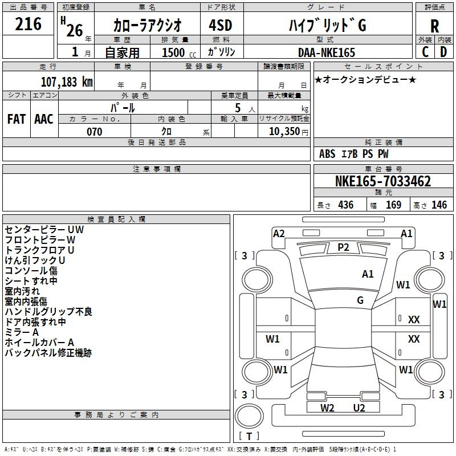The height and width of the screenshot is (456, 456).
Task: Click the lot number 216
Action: [28, 24]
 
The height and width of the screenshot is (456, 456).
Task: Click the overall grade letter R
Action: [434, 26]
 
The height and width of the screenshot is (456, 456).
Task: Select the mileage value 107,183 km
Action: [67, 82]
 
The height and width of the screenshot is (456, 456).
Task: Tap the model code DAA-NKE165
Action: [327, 52]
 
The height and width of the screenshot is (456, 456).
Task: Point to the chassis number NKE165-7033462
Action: [383, 181]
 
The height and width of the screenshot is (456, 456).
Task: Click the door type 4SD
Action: [221, 25]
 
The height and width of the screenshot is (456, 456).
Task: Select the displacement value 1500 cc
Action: [179, 52]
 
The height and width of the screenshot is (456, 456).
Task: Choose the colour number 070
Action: [95, 132]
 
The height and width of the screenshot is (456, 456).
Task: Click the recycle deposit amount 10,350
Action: [284, 132]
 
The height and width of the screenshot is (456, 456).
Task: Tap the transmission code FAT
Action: [17, 119]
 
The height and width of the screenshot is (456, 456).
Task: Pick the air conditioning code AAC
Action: [44, 119]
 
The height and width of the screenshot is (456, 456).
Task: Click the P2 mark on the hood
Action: [343, 247]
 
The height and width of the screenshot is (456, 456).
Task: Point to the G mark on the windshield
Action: [360, 300]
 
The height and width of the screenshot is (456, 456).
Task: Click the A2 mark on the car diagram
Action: [279, 234]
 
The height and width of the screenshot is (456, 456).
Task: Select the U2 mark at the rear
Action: [359, 408]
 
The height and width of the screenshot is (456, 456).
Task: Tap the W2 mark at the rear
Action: [327, 408]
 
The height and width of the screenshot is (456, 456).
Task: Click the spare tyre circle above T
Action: [249, 416]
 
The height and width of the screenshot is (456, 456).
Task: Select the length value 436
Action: [346, 205]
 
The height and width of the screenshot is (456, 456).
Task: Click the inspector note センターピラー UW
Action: [44, 230]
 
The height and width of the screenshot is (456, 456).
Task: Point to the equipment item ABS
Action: [327, 154]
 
